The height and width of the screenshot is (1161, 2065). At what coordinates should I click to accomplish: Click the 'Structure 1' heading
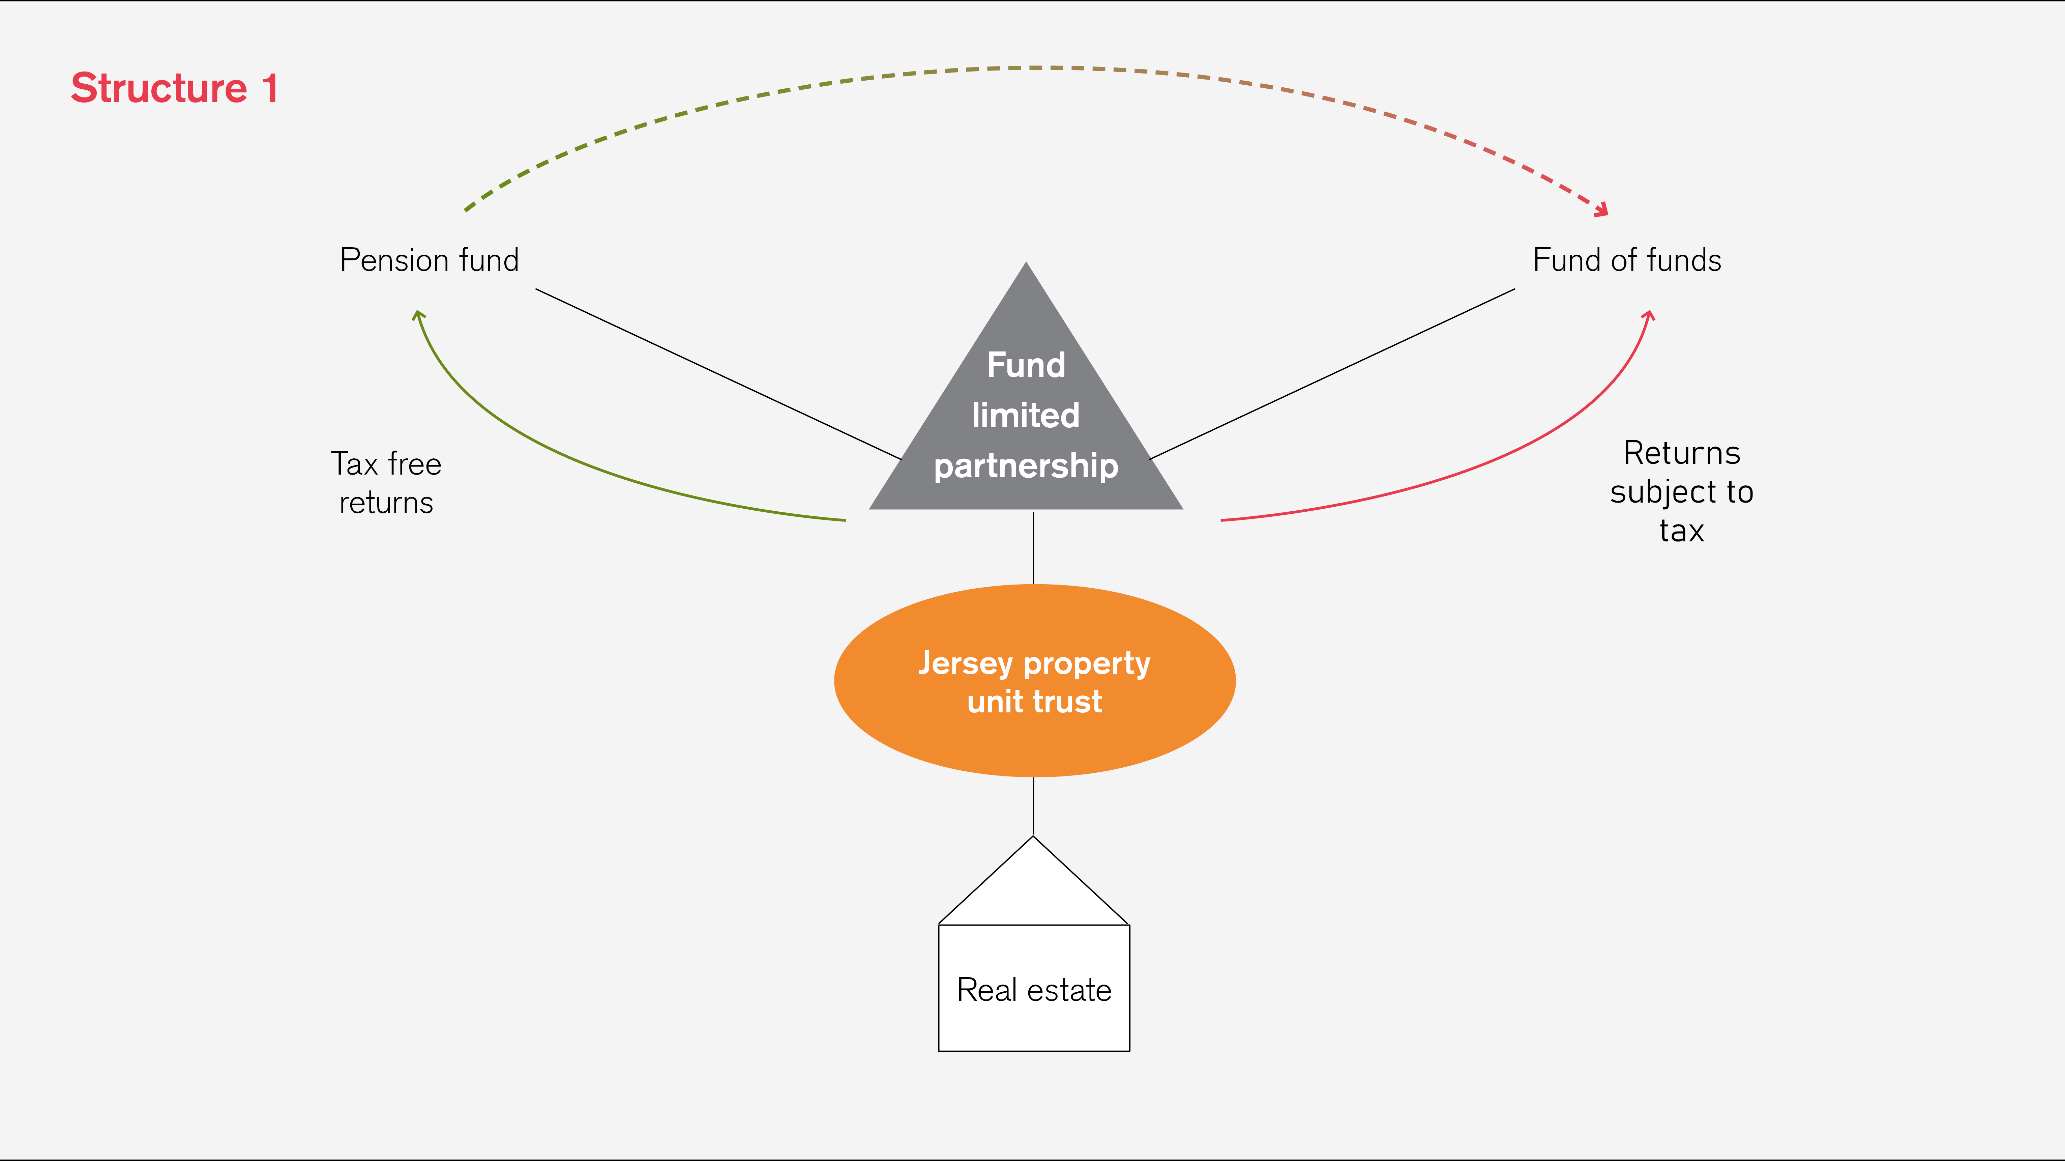point(174,88)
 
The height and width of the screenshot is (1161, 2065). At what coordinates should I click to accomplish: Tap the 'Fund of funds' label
point(1626,261)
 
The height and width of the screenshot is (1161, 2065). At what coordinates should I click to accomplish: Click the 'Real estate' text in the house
point(1034,990)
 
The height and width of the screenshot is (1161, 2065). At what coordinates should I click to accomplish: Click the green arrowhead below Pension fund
point(418,315)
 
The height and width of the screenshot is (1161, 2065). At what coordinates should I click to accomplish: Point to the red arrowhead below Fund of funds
point(1648,315)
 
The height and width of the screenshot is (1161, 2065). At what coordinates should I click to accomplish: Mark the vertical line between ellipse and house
point(1033,806)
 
